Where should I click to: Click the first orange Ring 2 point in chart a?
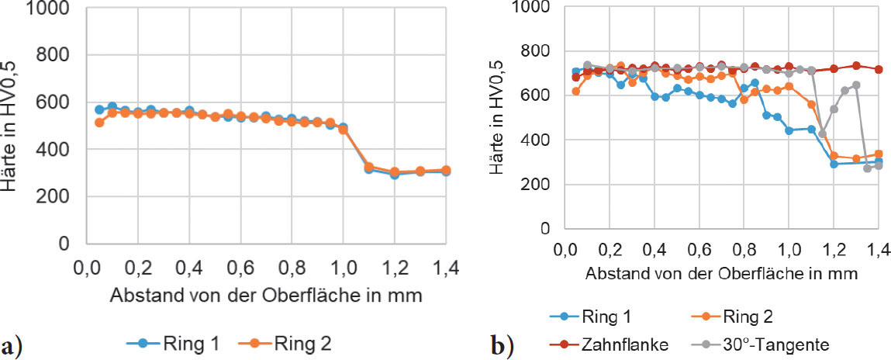(x=98, y=123)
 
